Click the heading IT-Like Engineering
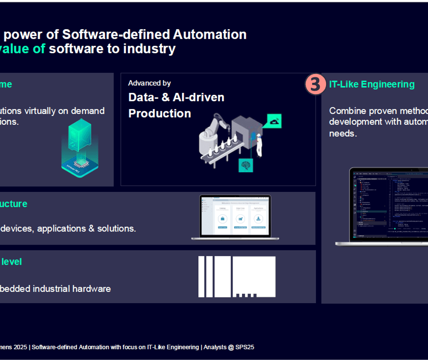pyautogui.click(x=372, y=84)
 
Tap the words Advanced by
pyautogui.click(x=149, y=83)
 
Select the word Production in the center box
pyautogui.click(x=159, y=113)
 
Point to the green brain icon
pyautogui.click(x=245, y=165)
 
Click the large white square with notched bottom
pyautogui.click(x=254, y=276)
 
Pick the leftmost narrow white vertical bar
pyautogui.click(x=201, y=276)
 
